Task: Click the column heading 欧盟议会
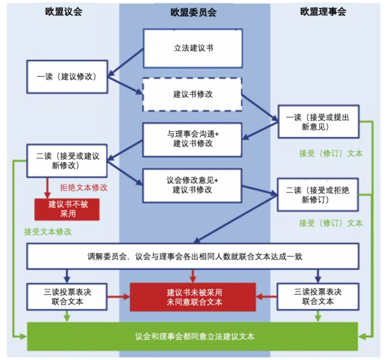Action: (64, 12)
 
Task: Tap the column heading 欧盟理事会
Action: (323, 12)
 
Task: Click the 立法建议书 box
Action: (193, 48)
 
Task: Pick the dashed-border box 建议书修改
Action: (193, 95)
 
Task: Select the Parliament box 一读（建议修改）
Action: (67, 77)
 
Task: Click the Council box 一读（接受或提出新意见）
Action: (318, 122)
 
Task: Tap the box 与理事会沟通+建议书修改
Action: (193, 139)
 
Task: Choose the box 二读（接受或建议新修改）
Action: (67, 161)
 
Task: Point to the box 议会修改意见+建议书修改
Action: (193, 185)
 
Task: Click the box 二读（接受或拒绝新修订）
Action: (318, 194)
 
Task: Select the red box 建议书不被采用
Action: (67, 209)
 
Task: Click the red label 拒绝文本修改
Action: (83, 188)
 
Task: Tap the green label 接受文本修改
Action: (48, 232)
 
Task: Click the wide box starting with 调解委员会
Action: (193, 256)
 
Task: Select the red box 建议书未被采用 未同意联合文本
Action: (193, 297)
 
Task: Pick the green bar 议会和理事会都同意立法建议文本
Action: (193, 337)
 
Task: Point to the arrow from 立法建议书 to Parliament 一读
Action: (126, 61)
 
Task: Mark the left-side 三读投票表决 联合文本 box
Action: (67, 296)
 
